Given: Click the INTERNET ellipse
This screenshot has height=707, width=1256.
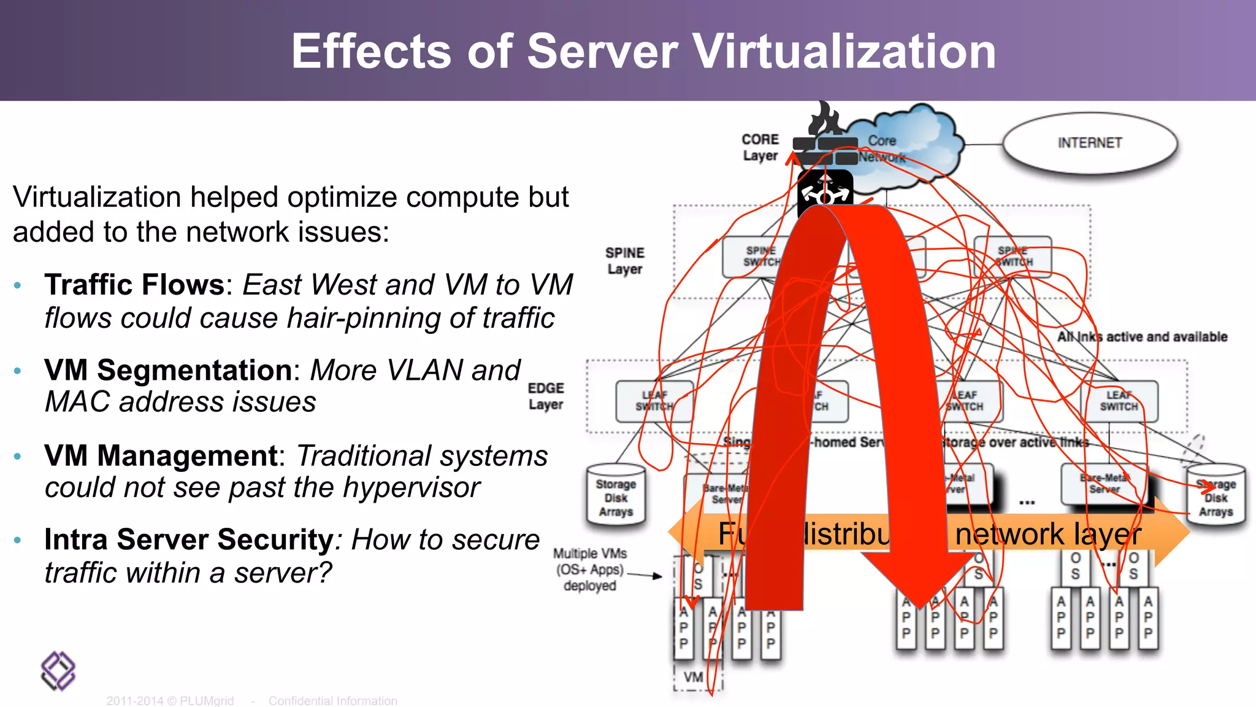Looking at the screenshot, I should coord(1090,143).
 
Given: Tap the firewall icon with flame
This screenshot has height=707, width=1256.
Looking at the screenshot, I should coord(825,138).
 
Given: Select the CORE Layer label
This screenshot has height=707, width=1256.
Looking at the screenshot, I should coord(760,147).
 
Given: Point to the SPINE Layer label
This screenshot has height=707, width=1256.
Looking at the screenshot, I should coord(624,261).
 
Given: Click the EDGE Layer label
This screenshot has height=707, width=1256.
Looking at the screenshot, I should coord(546,396).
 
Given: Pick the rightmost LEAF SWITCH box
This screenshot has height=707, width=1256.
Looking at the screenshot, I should coord(1119,401).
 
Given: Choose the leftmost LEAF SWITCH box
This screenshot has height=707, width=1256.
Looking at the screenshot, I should coord(654,401).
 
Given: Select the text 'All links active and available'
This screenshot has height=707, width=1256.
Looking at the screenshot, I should coord(1142,337).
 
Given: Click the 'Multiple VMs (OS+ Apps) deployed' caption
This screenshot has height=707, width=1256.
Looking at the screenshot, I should coord(589,570).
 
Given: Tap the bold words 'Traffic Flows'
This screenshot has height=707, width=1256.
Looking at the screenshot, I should coord(134,285).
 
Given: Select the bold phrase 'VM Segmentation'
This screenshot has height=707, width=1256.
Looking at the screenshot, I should coord(167,370).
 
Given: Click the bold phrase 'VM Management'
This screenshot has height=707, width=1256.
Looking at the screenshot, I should coord(161,455).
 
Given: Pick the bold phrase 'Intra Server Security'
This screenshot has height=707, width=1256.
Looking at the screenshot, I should coord(189,539).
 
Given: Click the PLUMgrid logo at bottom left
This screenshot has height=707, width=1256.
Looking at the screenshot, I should coord(58,671).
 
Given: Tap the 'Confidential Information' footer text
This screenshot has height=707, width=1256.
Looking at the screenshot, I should coord(332,700).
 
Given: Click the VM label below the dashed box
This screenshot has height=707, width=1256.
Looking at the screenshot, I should coord(694,677).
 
